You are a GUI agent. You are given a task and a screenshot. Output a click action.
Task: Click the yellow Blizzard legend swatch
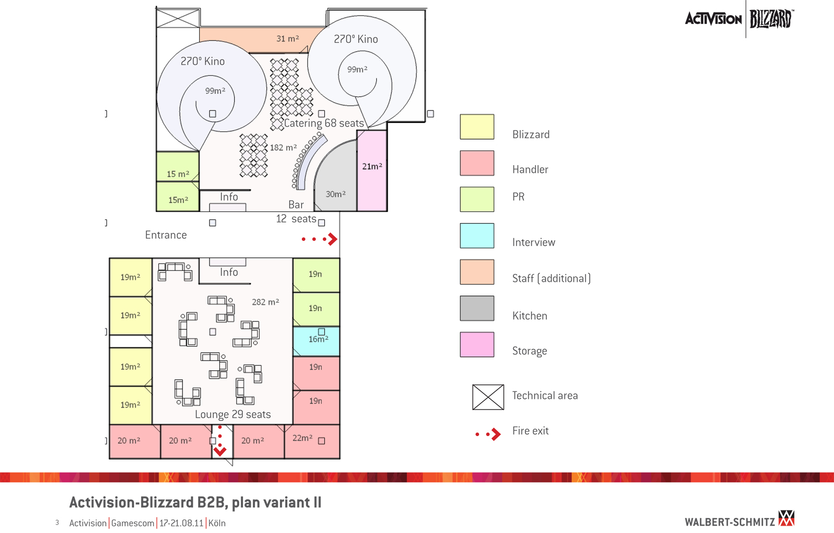click(x=477, y=127)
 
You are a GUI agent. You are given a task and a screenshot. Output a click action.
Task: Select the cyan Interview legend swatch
click(x=477, y=235)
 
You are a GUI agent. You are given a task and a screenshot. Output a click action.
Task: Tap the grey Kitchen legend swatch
click(x=477, y=308)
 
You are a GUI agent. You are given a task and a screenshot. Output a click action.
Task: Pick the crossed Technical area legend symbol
click(x=488, y=397)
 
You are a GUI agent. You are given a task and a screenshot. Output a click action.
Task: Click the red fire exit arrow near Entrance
click(x=331, y=239)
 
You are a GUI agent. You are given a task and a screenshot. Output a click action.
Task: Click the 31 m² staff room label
click(x=287, y=39)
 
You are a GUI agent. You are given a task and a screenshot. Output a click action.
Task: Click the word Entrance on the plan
click(x=166, y=235)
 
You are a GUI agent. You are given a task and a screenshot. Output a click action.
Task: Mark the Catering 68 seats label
click(x=324, y=123)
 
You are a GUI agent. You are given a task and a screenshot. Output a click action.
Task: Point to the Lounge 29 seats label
click(x=232, y=414)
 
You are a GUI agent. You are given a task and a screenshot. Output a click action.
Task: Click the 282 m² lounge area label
click(x=265, y=302)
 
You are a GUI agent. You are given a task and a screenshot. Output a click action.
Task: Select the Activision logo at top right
click(x=713, y=19)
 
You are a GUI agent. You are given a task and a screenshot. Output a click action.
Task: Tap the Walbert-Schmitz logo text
click(x=730, y=522)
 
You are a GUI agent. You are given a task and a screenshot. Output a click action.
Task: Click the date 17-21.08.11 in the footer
click(x=181, y=523)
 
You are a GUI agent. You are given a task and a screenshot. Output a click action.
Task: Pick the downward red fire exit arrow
click(x=220, y=450)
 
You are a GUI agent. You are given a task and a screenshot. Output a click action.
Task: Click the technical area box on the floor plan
click(x=178, y=18)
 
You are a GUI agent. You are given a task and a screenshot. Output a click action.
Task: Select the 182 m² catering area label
click(x=283, y=147)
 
